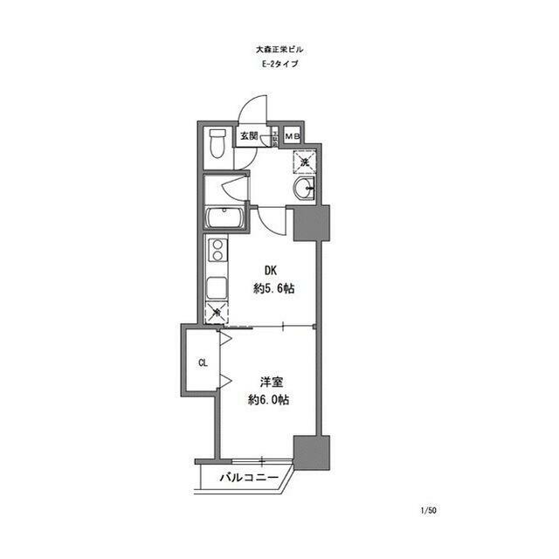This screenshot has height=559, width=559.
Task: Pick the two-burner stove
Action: [216, 254]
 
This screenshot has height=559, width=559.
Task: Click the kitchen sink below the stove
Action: [216, 286]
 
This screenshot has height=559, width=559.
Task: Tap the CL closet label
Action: [202, 362]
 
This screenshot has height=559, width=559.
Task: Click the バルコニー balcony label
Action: [248, 479]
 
